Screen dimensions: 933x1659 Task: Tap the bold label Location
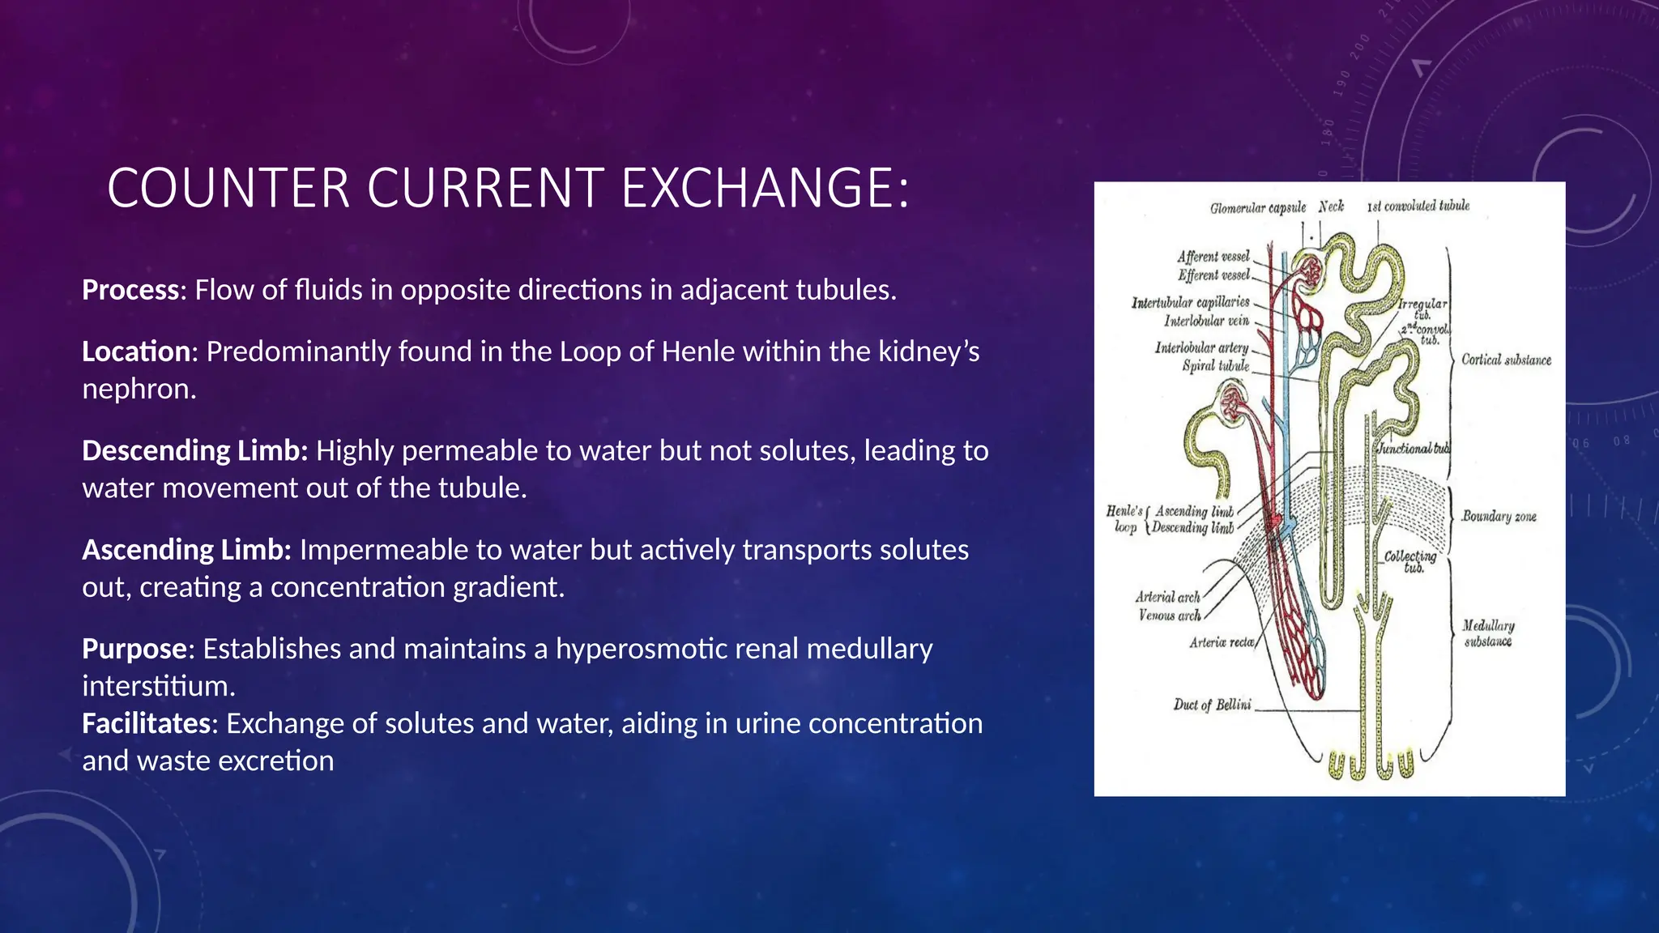click(135, 351)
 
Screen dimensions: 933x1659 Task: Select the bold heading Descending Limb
click(194, 450)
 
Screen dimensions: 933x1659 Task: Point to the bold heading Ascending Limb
click(186, 550)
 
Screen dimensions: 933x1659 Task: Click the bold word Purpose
click(134, 649)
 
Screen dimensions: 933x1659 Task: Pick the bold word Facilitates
click(146, 723)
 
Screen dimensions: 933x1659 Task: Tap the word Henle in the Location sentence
click(693, 351)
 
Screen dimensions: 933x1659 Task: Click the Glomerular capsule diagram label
click(1257, 208)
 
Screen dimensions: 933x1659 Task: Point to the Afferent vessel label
click(1213, 256)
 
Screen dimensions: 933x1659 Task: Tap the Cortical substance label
click(1506, 360)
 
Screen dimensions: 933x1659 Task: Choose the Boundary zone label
click(1499, 516)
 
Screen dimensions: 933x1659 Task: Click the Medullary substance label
click(1488, 633)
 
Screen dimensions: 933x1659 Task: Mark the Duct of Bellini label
click(1212, 705)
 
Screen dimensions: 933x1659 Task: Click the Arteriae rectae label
click(1222, 642)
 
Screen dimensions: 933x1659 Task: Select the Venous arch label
click(1169, 616)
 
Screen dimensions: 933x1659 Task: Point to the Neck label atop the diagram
click(1330, 207)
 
